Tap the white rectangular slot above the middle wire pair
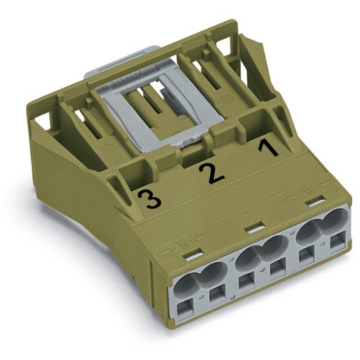[x=251, y=229]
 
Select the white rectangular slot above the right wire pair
[x=311, y=206]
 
